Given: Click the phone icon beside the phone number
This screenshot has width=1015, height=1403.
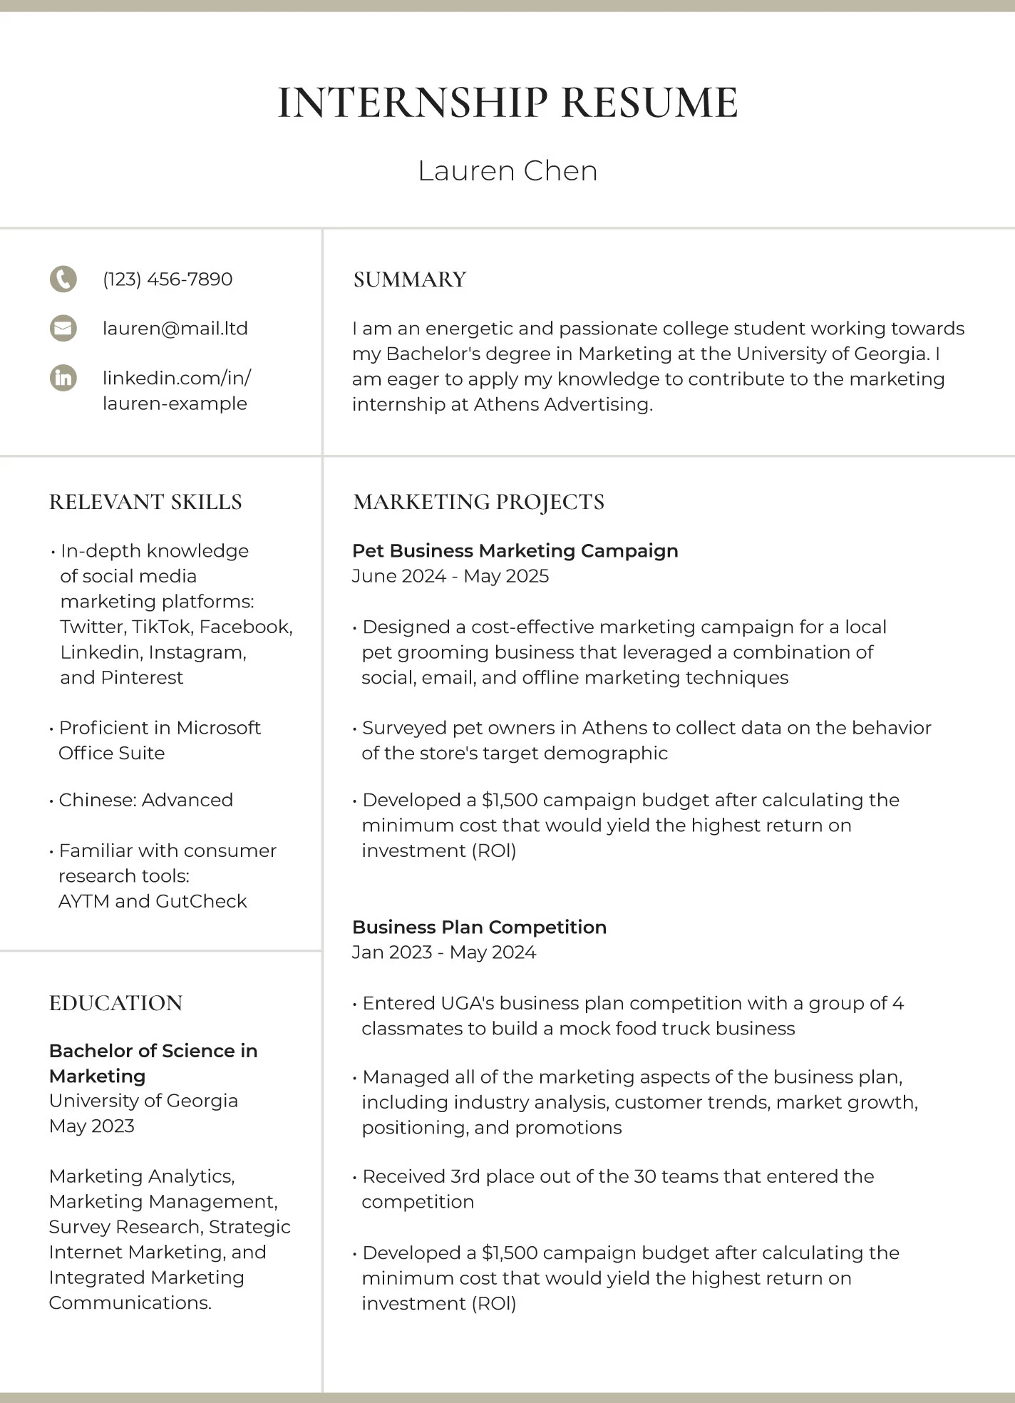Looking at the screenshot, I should coord(63,279).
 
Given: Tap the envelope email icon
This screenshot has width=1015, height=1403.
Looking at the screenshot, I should coord(63,329).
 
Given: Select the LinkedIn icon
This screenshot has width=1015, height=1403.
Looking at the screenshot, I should coord(63,377).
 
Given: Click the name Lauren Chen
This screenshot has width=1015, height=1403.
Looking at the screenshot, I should coord(507,171).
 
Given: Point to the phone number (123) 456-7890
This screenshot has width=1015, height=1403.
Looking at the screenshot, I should coord(168,279).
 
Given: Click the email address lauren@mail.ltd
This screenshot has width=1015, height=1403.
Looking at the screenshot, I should coord(175,329).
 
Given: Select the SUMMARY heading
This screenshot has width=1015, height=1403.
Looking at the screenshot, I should coord(410,279).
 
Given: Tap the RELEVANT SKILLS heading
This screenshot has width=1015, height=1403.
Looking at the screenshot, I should coord(145,502).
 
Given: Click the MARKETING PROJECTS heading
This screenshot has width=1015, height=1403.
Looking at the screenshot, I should coord(478,502).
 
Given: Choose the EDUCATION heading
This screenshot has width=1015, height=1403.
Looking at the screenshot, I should coord(115,1003).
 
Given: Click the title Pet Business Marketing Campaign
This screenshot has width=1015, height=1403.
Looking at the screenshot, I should coord(515,550).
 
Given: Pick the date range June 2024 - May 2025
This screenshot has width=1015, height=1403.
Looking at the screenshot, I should coord(450,576).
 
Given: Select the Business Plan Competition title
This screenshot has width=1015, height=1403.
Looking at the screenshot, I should coord(479,927).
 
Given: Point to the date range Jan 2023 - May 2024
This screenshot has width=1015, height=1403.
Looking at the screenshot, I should coord(444,952).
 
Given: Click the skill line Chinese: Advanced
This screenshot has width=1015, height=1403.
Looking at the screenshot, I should coord(145,800).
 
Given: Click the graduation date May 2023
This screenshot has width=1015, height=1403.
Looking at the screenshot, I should coord(92,1126).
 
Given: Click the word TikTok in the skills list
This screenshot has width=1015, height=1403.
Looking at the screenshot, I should coord(162,627).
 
